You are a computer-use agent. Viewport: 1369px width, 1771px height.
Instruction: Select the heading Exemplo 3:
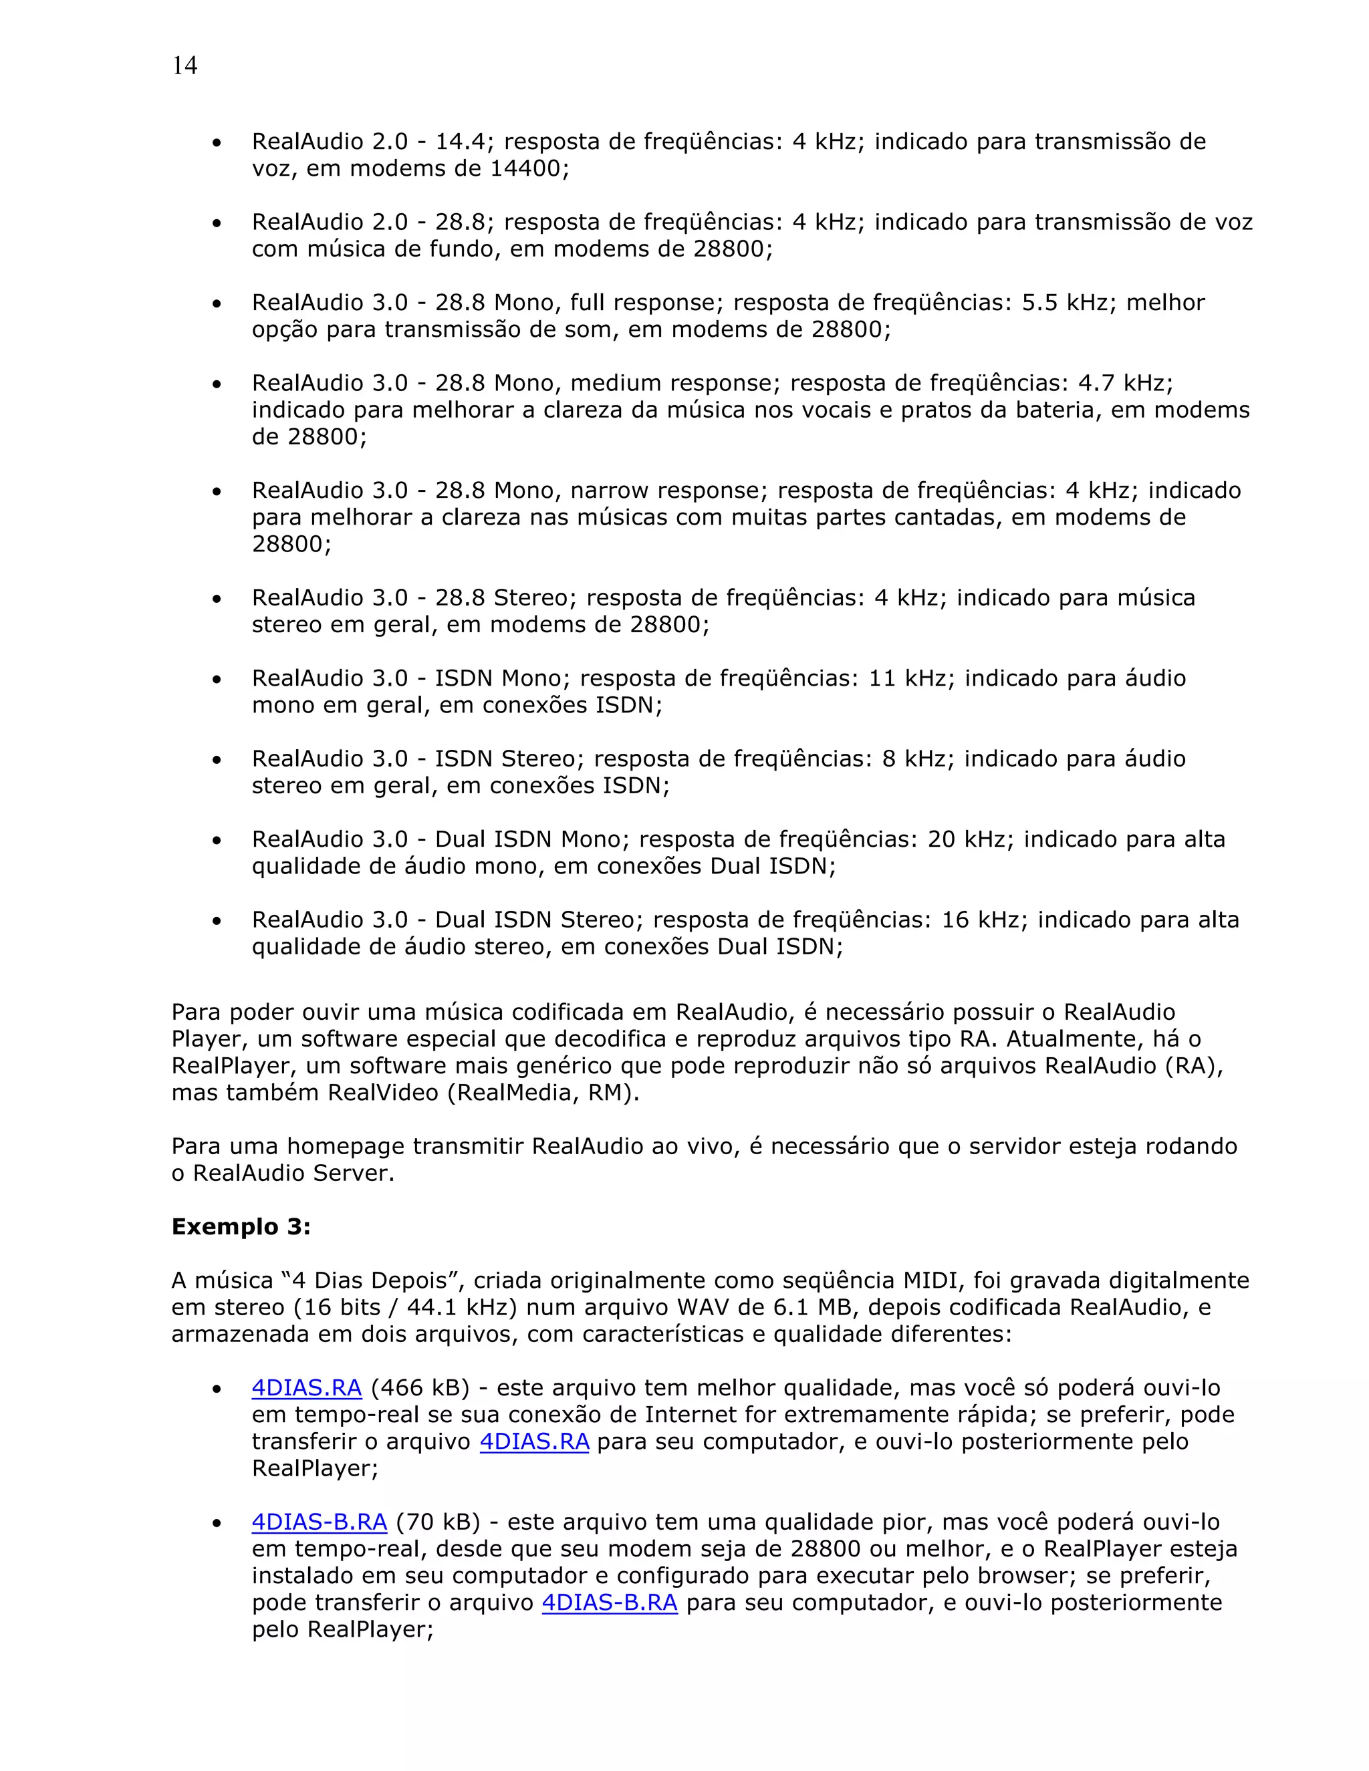coord(241,1226)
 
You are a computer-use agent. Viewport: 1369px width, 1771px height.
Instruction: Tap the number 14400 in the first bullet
coord(525,168)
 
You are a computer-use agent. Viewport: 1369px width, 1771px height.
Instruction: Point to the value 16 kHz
coord(981,920)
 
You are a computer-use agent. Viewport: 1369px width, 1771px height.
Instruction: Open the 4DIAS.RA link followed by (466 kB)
coord(307,1388)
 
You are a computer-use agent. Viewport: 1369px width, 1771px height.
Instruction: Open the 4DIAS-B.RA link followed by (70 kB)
coord(320,1522)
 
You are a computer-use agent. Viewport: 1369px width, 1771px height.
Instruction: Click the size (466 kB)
coord(420,1388)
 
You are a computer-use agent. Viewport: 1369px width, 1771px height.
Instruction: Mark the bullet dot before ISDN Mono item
coord(217,680)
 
